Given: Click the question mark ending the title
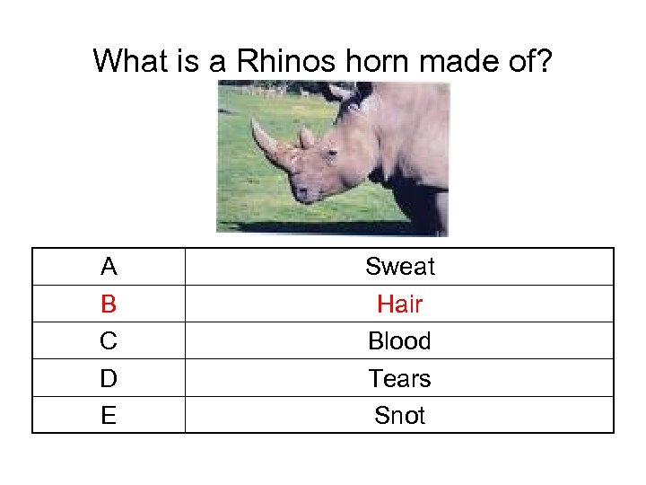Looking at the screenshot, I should (544, 61).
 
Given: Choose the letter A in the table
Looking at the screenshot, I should (109, 267).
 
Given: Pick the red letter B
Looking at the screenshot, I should (109, 304).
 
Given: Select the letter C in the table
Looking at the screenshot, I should (109, 341).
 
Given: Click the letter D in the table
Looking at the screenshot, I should (109, 379).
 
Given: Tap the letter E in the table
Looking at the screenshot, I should (109, 416).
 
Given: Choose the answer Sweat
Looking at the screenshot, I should (399, 267).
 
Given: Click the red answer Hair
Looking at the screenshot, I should (399, 304).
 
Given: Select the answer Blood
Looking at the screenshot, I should (399, 341).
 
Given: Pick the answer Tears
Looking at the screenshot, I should (399, 379).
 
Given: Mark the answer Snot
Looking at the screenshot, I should (399, 416).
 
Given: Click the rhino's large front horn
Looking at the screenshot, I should (267, 142).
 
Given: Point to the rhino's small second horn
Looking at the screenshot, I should (306, 137).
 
